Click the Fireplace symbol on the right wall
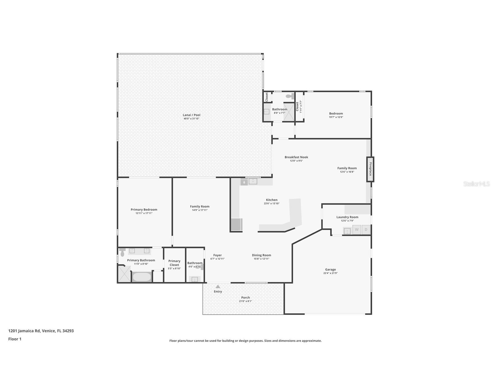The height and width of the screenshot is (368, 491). (x=370, y=169)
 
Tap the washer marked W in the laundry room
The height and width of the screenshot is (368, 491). (x=357, y=230)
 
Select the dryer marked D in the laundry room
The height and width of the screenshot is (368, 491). (x=366, y=230)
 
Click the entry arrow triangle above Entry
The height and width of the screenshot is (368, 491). (x=218, y=286)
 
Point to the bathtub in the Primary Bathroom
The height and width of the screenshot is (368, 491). (x=142, y=277)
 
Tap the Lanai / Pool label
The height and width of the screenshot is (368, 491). (x=192, y=115)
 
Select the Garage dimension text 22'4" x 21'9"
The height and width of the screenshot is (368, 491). (x=330, y=273)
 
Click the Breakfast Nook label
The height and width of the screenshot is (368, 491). (x=296, y=157)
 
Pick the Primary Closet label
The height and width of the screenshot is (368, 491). (x=174, y=263)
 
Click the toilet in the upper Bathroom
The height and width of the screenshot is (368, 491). (x=290, y=96)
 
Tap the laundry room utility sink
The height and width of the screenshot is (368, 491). (x=347, y=231)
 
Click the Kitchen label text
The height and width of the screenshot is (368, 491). (x=272, y=200)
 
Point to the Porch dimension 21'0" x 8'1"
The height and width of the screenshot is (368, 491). (x=245, y=301)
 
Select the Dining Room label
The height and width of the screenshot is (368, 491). (x=262, y=255)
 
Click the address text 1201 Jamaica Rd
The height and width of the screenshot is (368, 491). (x=24, y=331)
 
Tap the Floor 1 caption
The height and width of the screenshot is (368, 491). (x=15, y=339)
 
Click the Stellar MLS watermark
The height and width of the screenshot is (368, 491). (x=477, y=184)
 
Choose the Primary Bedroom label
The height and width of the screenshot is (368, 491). (x=144, y=209)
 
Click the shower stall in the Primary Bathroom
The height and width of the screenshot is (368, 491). (x=125, y=274)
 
